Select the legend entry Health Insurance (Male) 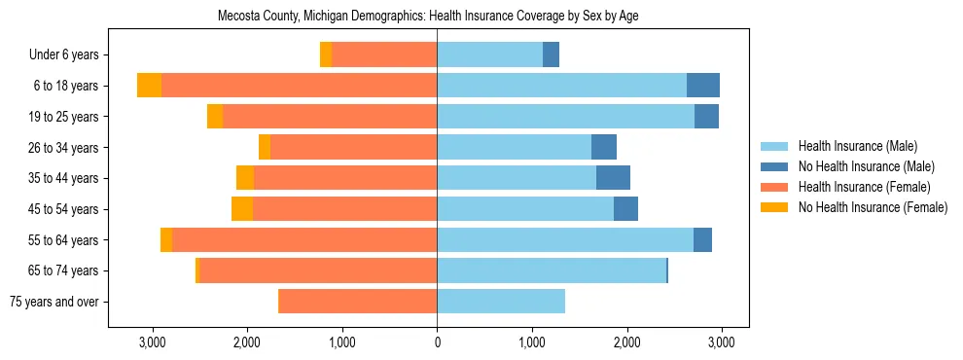[x=857, y=146]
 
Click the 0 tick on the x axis [x=437, y=342]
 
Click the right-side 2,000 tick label [x=626, y=342]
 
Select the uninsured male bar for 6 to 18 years [x=703, y=86]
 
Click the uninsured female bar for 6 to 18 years [x=149, y=86]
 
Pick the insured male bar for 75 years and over [x=501, y=302]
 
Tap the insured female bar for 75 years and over [x=357, y=302]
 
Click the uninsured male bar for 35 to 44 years [x=613, y=178]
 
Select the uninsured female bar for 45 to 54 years [x=242, y=209]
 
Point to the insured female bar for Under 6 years [x=384, y=55]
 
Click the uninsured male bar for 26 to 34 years [x=604, y=147]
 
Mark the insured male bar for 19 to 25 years [x=565, y=117]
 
